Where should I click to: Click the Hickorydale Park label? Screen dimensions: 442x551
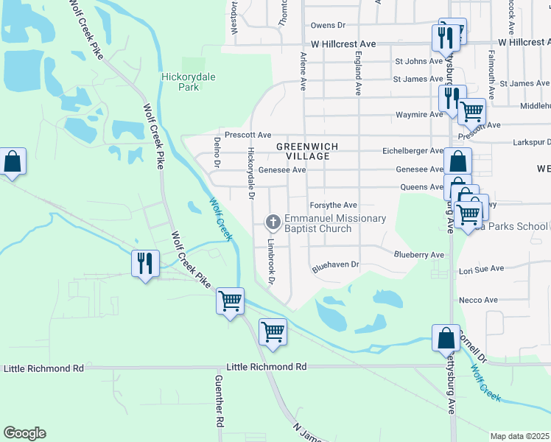[180, 81]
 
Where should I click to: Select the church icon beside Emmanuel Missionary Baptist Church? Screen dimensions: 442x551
[273, 222]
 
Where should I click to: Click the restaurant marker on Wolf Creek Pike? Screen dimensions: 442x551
[144, 263]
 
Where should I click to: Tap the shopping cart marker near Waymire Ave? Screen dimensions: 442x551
[471, 112]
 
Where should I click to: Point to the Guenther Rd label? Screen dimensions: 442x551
[219, 401]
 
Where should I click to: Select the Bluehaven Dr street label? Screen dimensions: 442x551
[335, 264]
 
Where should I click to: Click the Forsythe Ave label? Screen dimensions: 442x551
[333, 205]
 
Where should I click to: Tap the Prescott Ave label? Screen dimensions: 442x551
[248, 136]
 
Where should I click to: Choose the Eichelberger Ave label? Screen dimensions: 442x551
[410, 151]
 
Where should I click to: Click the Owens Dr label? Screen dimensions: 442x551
[328, 26]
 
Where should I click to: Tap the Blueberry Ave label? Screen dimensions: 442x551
[419, 255]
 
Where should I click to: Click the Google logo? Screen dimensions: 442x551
[24, 433]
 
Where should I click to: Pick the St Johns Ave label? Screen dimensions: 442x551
[418, 61]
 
